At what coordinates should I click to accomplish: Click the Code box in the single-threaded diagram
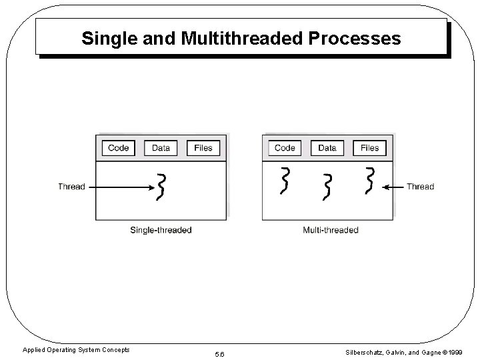point(118,148)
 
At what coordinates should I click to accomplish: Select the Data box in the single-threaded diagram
point(161,148)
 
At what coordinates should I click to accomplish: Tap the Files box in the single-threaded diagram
point(203,148)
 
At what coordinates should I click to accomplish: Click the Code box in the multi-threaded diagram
point(285,148)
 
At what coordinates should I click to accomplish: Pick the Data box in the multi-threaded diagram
point(327,148)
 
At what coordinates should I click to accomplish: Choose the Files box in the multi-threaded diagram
point(369,148)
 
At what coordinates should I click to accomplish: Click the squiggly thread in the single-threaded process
point(161,187)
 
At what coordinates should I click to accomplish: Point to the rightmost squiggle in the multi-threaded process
point(369,181)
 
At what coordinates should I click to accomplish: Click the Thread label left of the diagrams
point(71,187)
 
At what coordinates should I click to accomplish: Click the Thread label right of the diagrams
point(420,187)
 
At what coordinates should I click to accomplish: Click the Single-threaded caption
point(161,230)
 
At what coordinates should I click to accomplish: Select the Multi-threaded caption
point(330,230)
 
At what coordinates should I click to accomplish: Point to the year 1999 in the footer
point(454,351)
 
